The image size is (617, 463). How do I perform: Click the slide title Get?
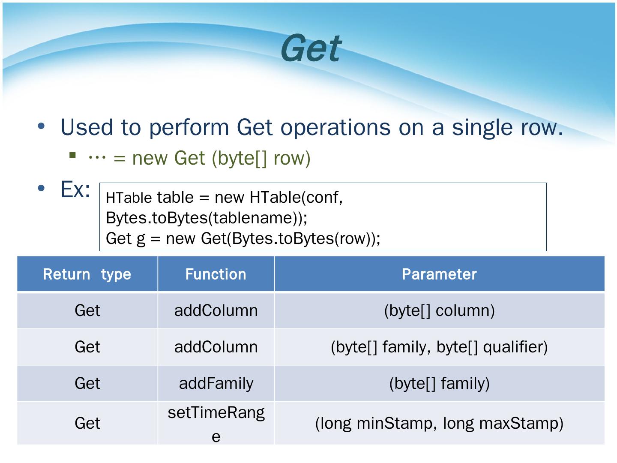311,48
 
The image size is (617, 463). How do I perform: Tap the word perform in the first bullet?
189,128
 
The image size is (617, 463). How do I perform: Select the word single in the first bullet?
482,128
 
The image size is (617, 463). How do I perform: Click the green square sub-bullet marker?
72,155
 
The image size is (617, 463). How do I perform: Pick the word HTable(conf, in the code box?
296,197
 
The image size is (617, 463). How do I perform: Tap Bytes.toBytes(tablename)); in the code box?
207,218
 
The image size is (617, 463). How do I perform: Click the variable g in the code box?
141,239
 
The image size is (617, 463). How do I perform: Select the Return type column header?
87,274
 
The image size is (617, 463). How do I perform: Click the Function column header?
216,274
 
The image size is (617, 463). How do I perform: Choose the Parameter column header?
439,274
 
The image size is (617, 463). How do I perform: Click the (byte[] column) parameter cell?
439,311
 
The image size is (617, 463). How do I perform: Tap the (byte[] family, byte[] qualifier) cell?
439,347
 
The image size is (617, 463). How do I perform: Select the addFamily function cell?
216,383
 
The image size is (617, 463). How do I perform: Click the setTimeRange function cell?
216,424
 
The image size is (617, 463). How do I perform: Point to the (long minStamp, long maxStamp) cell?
439,424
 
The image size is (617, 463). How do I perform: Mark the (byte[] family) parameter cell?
439,383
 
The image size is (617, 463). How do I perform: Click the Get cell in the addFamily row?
87,383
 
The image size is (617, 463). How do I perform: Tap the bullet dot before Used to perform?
41,126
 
